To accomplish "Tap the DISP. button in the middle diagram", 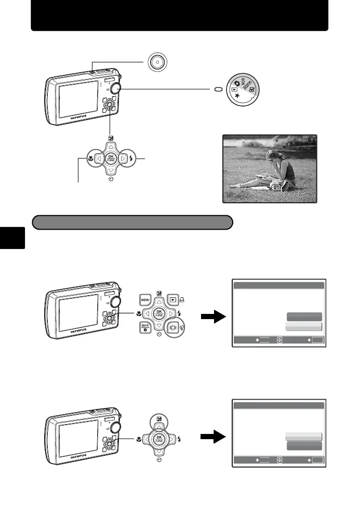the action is (x=145, y=328).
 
